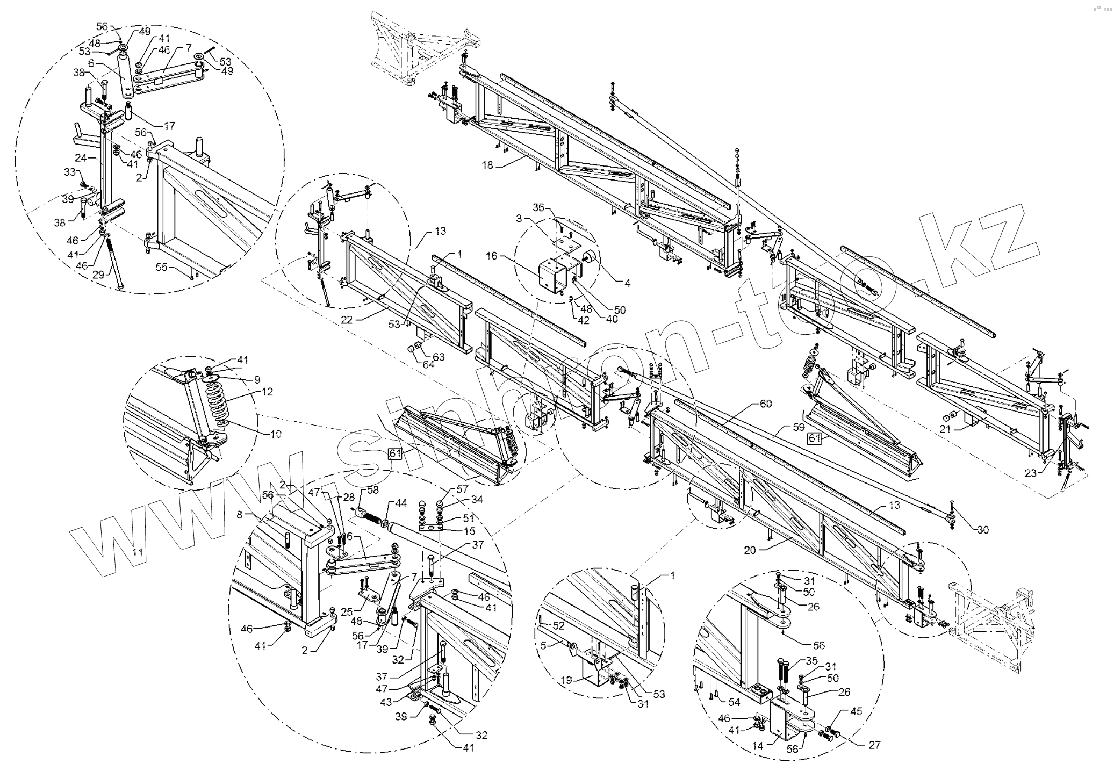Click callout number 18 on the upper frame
click(x=487, y=165)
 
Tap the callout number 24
click(x=81, y=158)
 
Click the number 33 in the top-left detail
click(x=70, y=172)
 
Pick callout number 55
click(x=162, y=267)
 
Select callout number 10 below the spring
click(x=276, y=434)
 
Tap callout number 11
click(x=138, y=552)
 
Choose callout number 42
click(x=584, y=321)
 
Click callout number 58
click(x=372, y=490)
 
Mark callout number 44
click(x=401, y=503)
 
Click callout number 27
click(x=874, y=745)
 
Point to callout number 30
click(x=983, y=530)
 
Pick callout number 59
click(x=799, y=428)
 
